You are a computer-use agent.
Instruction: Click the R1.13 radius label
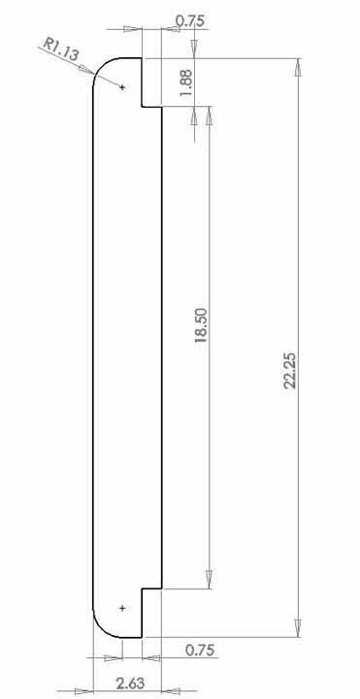pyautogui.click(x=61, y=50)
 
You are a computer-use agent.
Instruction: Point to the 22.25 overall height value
pyautogui.click(x=290, y=371)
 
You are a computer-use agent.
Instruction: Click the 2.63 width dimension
pyautogui.click(x=131, y=683)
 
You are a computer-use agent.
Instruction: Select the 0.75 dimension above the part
pyautogui.click(x=191, y=21)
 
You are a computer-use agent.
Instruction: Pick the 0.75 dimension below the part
pyautogui.click(x=200, y=649)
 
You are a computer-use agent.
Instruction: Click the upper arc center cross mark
pyautogui.click(x=122, y=87)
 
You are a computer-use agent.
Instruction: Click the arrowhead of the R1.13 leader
pyautogui.click(x=86, y=70)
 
